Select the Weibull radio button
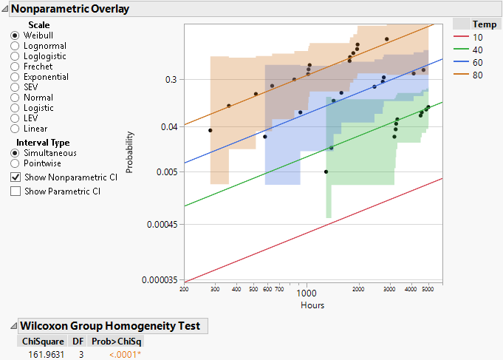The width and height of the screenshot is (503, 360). point(15,35)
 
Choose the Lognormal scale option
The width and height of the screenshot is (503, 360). point(15,46)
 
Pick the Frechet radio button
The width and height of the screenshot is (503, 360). point(15,67)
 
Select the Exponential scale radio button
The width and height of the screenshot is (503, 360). point(15,77)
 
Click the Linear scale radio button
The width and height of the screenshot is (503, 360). point(15,129)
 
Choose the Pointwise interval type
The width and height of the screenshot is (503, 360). point(15,163)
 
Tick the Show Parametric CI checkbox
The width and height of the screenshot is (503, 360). point(16,191)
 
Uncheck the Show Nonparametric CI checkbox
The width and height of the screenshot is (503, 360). point(16,177)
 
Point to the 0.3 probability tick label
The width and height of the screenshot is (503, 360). point(171,79)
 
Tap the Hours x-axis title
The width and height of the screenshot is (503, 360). point(312,305)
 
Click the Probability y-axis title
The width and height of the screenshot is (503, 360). point(129,152)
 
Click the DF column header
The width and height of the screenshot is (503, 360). point(78,342)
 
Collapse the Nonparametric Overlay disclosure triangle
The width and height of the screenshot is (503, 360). point(5,10)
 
